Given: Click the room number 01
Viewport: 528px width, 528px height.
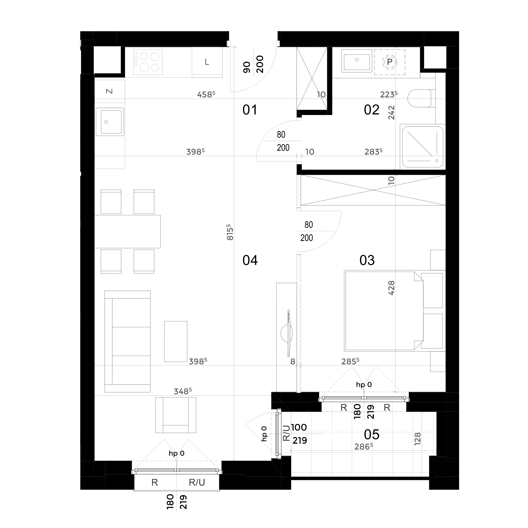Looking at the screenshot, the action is [x=250, y=110].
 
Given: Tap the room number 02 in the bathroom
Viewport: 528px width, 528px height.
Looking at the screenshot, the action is [x=372, y=110].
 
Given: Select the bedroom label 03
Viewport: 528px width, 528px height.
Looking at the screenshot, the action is [x=367, y=260].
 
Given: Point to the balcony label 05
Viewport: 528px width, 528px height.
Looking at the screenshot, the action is [x=372, y=434].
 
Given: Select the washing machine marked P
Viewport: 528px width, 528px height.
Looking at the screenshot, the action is [x=390, y=62].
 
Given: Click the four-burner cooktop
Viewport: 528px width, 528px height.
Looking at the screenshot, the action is [x=148, y=62].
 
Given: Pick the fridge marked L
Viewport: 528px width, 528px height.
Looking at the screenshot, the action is [x=207, y=62].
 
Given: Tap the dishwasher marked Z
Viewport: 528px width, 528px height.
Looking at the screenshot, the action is [x=109, y=91].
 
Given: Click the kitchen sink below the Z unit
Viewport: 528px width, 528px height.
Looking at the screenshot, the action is [x=110, y=122].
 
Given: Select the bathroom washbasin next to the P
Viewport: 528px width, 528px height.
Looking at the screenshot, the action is [x=357, y=61].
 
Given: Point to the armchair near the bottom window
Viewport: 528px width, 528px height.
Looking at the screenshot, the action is [x=176, y=415].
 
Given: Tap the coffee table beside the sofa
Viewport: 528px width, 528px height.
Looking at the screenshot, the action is [x=176, y=341].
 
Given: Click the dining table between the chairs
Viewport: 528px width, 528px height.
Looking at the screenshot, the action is [x=127, y=231].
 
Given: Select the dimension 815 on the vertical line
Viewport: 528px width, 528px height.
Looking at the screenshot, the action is [x=230, y=232].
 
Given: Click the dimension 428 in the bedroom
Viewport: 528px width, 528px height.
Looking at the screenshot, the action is [x=391, y=288].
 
